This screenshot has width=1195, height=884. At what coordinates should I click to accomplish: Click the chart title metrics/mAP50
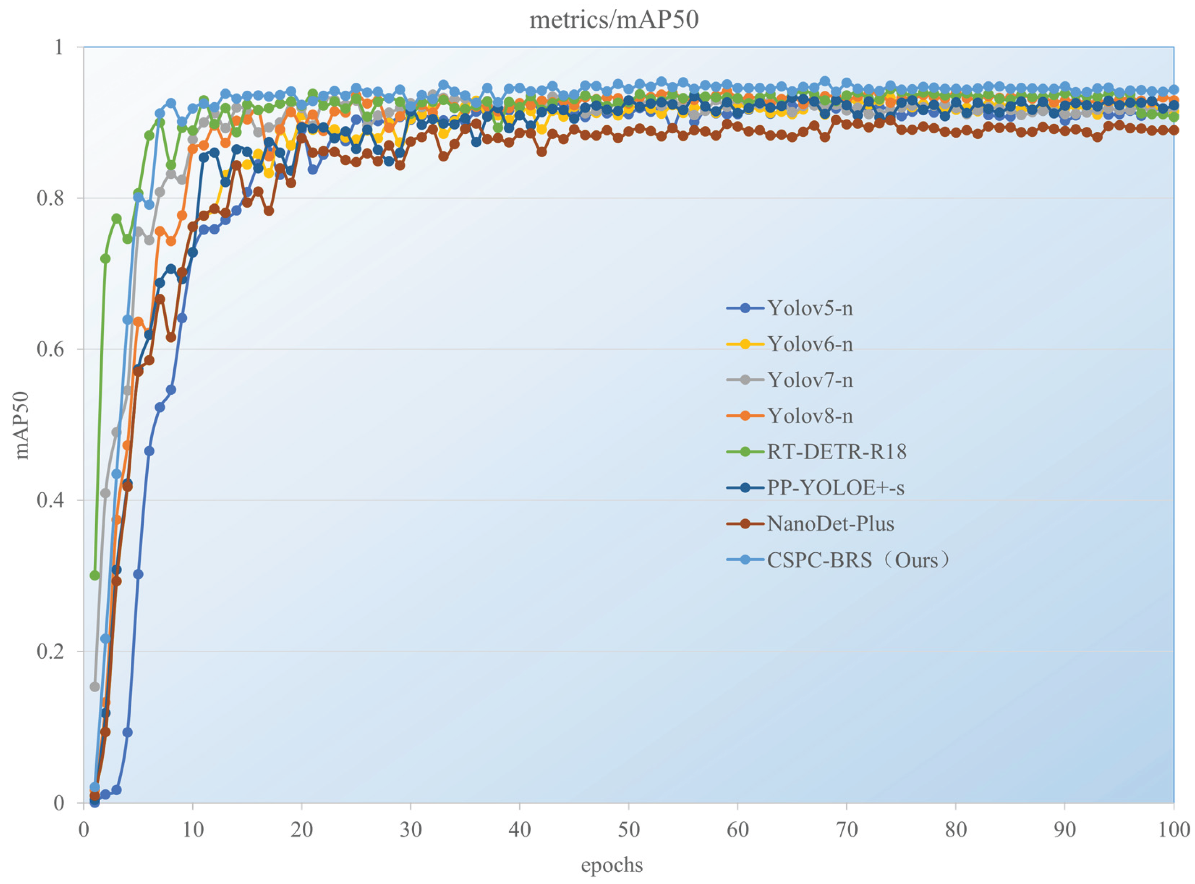coord(614,20)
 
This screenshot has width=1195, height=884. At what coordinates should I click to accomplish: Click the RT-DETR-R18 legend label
coord(836,452)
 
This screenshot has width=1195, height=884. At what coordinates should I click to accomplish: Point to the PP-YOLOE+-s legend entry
coord(835,487)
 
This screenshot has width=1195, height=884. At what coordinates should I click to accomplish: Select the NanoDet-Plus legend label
coord(830,523)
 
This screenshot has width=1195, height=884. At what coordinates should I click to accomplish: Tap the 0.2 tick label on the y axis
coord(50,652)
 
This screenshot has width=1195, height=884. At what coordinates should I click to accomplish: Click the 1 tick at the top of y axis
coord(58,47)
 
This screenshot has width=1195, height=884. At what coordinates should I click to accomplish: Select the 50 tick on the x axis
coord(629,829)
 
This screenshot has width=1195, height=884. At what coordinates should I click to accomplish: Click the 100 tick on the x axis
coord(1173,829)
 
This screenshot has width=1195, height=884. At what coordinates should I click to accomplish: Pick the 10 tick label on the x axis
coord(193,829)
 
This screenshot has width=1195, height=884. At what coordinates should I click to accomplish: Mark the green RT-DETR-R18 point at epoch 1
coord(95,575)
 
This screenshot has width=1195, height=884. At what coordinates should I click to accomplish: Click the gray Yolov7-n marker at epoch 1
coord(95,686)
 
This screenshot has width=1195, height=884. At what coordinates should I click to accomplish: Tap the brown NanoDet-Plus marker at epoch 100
coord(1173,130)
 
